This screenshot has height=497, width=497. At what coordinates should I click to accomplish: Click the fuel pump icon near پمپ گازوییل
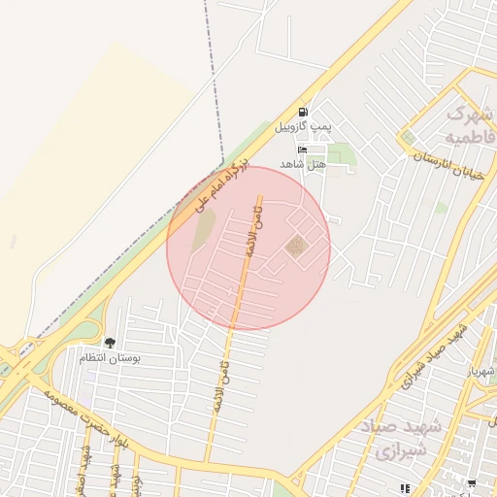[x=304, y=113]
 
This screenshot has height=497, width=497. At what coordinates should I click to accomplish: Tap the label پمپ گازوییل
[x=303, y=127]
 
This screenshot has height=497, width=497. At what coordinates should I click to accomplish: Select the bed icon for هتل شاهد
[x=302, y=149]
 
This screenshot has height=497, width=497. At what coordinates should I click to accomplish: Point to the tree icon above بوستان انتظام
[x=110, y=343]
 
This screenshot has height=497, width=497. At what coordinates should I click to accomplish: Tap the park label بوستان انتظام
[x=110, y=357]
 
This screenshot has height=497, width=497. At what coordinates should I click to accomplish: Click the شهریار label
[x=480, y=372]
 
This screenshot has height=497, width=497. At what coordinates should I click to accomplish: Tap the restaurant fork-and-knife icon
[x=405, y=487]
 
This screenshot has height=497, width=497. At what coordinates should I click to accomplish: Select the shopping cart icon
[x=472, y=483]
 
